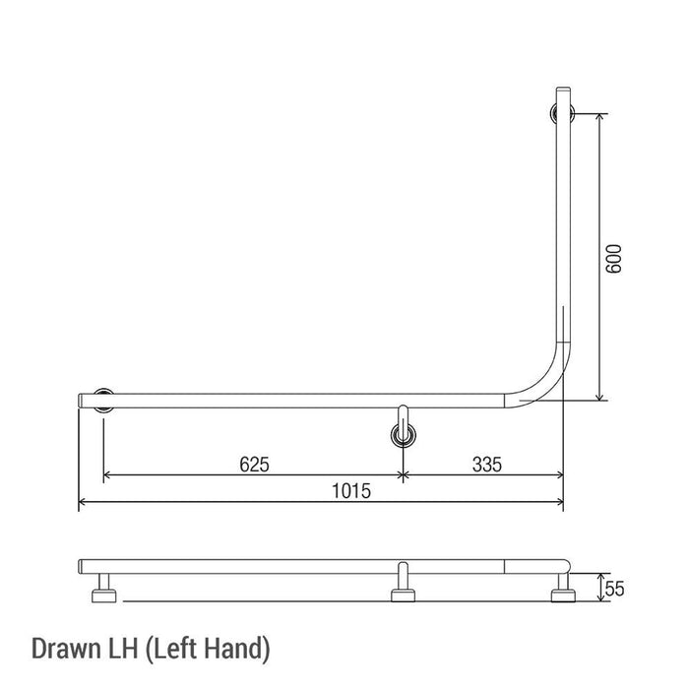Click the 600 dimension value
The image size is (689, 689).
click(x=615, y=258)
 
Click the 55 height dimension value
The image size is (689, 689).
click(x=615, y=589)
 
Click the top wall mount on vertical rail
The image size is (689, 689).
click(x=564, y=113)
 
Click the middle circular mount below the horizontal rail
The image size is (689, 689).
click(x=403, y=433)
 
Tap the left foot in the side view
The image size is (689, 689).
click(x=104, y=594)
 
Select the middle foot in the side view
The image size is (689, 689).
click(x=402, y=594)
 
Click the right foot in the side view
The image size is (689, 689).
click(x=563, y=594)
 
